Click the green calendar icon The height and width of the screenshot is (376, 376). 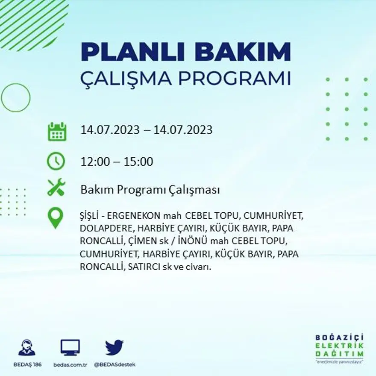(x=56, y=132)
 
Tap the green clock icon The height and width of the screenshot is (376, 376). (x=56, y=162)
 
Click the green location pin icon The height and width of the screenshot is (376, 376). (x=56, y=217)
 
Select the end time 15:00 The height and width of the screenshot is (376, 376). (x=138, y=162)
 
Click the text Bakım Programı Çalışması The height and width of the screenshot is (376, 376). (x=150, y=190)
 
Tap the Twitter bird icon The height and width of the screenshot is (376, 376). (x=114, y=348)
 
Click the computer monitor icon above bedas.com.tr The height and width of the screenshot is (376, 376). (x=70, y=348)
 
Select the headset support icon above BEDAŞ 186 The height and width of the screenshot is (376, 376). (x=27, y=348)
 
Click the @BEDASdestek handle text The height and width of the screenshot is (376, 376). (x=114, y=364)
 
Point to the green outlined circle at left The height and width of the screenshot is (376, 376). (x=16, y=98)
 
